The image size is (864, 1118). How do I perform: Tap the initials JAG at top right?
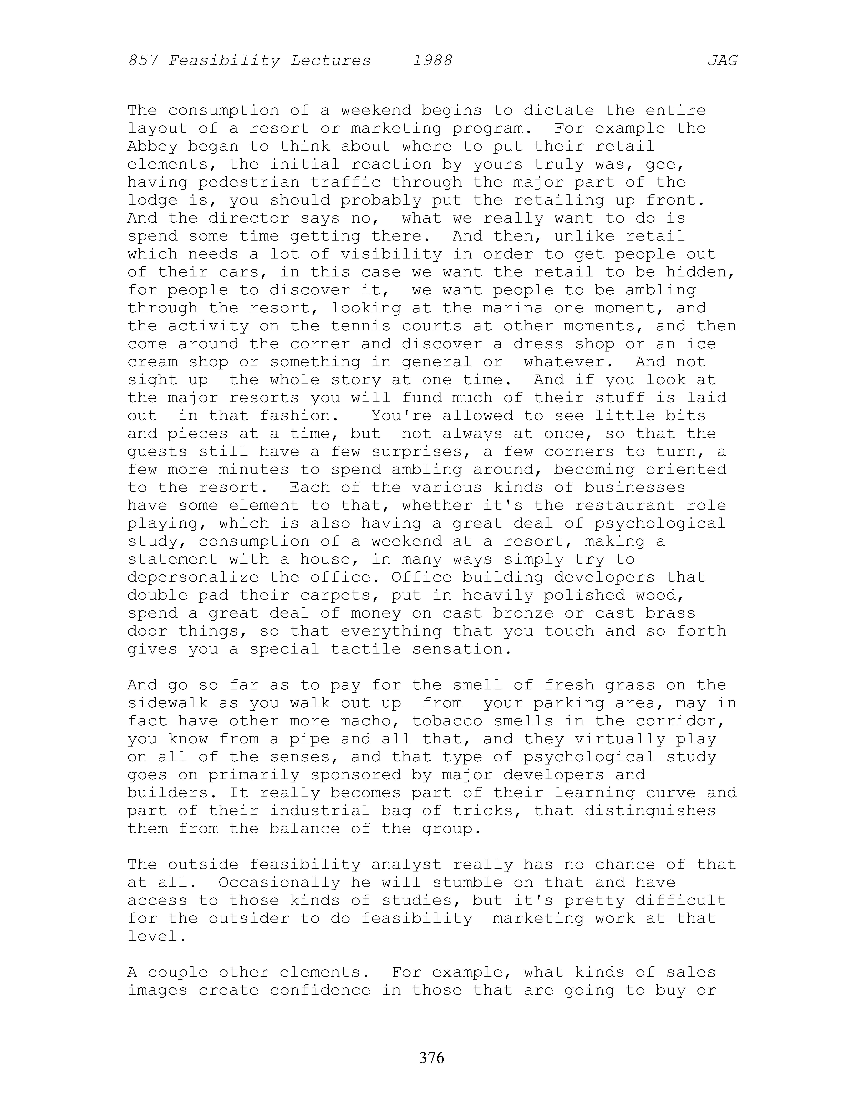click(x=722, y=61)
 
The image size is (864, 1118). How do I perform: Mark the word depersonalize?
click(x=193, y=577)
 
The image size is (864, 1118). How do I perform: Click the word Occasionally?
click(x=280, y=883)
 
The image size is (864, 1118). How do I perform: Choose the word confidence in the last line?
click(x=320, y=990)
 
